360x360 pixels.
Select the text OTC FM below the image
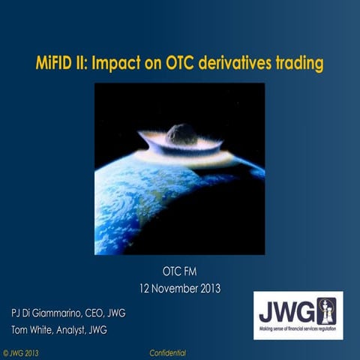click(x=179, y=272)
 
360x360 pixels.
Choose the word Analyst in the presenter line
click(x=85, y=328)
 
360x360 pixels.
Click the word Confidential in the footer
click(x=168, y=352)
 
